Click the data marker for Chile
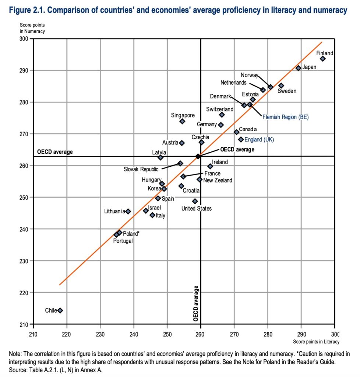click(x=60, y=310)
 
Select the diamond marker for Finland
click(x=323, y=59)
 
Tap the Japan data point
click(x=299, y=68)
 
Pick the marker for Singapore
click(x=182, y=121)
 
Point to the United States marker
click(x=195, y=201)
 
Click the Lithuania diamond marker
click(x=128, y=211)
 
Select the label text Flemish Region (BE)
click(x=285, y=117)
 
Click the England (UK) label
click(x=259, y=140)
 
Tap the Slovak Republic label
click(x=141, y=169)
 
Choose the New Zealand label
click(x=218, y=180)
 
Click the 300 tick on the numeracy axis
click(x=25, y=39)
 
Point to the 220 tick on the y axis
click(x=25, y=293)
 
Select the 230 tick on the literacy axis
click(x=100, y=331)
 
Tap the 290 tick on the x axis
click(x=301, y=331)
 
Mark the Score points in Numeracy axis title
click(x=32, y=29)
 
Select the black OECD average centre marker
click(x=198, y=156)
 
